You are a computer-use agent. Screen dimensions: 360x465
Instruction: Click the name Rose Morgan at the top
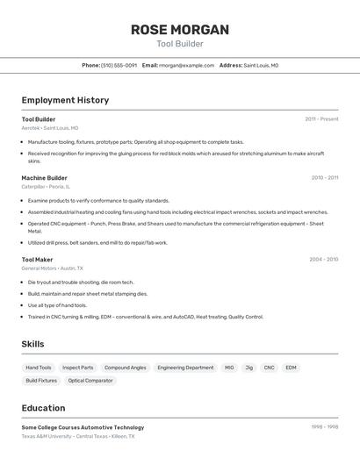180,30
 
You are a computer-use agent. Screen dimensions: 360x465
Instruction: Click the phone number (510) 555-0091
119,65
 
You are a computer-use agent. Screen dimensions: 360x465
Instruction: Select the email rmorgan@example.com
186,65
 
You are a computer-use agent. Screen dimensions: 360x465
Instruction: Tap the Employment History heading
65,100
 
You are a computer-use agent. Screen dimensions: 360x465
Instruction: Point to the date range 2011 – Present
321,119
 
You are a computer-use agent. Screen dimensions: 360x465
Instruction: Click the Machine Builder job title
44,178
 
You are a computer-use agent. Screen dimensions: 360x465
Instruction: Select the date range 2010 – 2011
324,178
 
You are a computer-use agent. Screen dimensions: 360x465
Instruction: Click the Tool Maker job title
37,260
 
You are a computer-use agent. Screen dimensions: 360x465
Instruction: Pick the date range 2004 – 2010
323,260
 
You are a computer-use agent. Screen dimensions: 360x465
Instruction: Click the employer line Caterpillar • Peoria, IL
45,186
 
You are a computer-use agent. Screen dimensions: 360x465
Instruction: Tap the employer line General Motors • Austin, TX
52,268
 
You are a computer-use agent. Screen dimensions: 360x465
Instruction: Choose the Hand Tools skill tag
39,368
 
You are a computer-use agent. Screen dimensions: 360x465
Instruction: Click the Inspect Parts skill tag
78,368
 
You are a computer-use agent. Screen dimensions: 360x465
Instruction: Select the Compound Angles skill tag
125,368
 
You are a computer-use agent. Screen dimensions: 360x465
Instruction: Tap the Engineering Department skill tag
185,368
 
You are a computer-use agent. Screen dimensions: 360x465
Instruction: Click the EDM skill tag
291,368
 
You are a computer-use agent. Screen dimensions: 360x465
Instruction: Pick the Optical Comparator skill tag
90,381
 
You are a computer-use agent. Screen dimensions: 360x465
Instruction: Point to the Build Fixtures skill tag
41,381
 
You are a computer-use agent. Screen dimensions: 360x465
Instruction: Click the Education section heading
43,408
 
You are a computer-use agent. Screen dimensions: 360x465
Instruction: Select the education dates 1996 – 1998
324,427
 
